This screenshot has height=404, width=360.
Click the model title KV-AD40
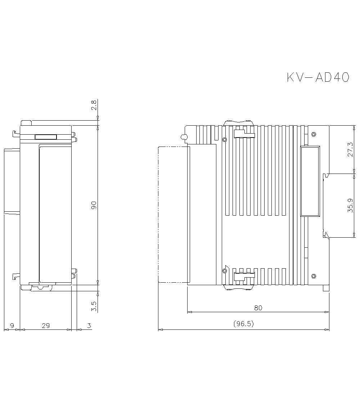coord(318,77)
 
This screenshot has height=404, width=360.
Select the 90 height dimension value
coord(94,205)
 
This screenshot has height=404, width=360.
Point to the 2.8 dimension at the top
coord(94,105)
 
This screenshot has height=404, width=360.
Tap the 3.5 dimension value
coord(94,306)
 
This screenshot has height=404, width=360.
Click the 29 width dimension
coord(46,326)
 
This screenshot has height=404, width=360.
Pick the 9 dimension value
coord(12,326)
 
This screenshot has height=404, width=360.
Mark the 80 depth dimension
coord(258,308)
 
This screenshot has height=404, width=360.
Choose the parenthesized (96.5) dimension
coord(244,324)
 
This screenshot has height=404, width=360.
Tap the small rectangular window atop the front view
coord(46,137)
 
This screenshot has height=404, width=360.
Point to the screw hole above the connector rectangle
coord(314,135)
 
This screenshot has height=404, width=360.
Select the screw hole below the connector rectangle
coord(314,276)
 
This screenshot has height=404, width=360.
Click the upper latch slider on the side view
coord(244,134)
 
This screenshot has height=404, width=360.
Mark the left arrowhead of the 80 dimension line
coord(189,312)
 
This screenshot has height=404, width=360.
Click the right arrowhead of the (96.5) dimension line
coord(327,329)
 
